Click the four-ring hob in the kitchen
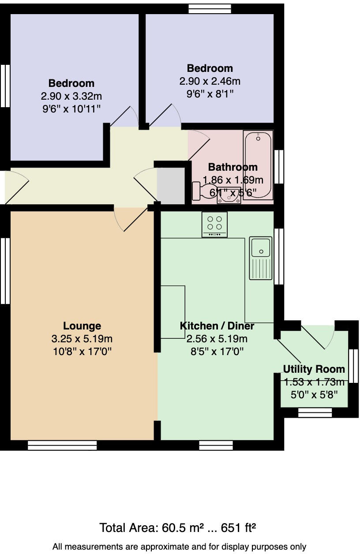(x=214, y=224)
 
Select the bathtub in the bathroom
(x=258, y=165)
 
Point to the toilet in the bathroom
(x=201, y=190)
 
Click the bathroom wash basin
(x=229, y=196)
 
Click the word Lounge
(x=82, y=326)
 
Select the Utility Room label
(x=314, y=369)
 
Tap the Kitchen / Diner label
(x=217, y=326)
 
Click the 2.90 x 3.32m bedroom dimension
(x=71, y=96)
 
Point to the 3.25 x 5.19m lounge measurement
(x=82, y=339)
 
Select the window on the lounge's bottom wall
(x=62, y=445)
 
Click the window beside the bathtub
(x=279, y=167)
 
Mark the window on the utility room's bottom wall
(x=315, y=412)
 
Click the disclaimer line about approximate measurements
(x=179, y=547)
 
